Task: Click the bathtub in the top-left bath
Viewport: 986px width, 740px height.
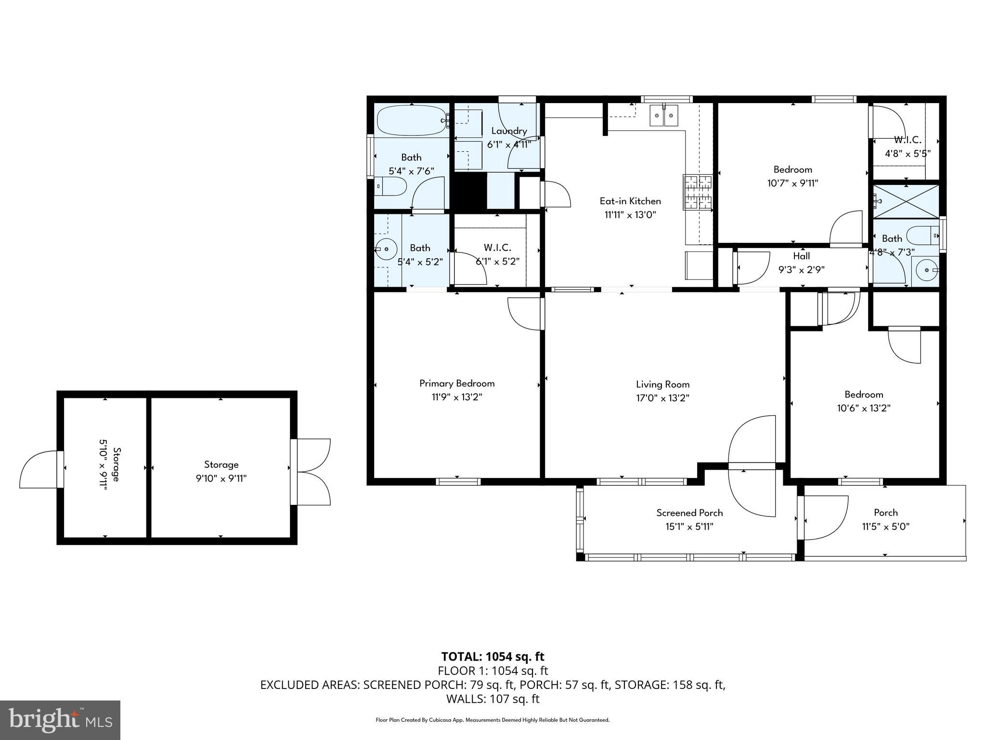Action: [x=412, y=120]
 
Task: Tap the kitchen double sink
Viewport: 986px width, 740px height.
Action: [x=664, y=116]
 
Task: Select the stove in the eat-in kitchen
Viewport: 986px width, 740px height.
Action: [x=697, y=193]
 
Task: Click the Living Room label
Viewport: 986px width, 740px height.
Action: [x=662, y=384]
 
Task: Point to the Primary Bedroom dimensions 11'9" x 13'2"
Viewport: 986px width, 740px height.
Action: [x=457, y=397]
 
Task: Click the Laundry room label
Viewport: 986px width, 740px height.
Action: [x=509, y=131]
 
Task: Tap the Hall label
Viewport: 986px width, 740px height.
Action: [x=801, y=256]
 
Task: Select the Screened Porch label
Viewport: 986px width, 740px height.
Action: [x=689, y=513]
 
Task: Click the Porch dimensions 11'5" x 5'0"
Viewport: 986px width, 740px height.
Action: [x=885, y=527]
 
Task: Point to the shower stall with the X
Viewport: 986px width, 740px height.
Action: [x=906, y=201]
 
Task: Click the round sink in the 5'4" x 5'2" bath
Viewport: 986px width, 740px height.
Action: [x=386, y=250]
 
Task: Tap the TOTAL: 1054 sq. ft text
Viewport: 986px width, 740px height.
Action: [x=493, y=657]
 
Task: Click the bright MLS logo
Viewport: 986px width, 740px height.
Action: [x=60, y=720]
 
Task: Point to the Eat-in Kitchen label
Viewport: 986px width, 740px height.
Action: [x=630, y=201]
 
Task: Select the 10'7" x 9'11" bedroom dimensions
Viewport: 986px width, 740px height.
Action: [x=792, y=184]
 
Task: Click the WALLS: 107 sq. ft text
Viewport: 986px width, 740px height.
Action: [x=493, y=699]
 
